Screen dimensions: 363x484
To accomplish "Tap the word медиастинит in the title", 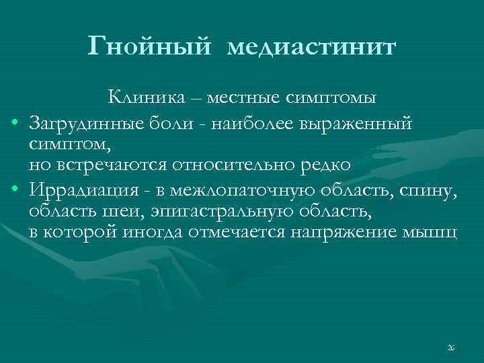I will (313, 48).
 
